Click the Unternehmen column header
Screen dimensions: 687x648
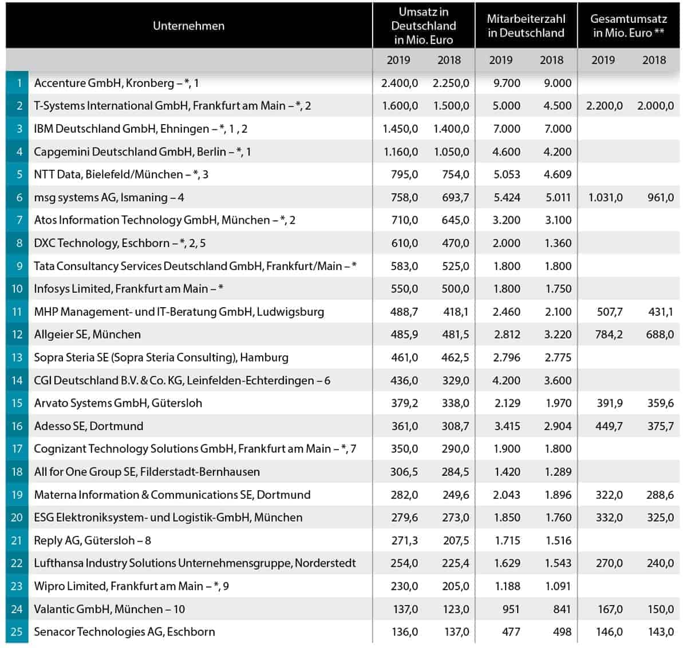pyautogui.click(x=188, y=26)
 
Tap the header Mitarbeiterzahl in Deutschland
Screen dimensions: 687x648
pyautogui.click(x=526, y=26)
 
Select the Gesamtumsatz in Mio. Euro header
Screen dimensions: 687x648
pyautogui.click(x=629, y=26)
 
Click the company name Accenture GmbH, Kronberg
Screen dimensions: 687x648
pyautogui.click(x=104, y=84)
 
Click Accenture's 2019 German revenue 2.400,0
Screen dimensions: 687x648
pyautogui.click(x=400, y=84)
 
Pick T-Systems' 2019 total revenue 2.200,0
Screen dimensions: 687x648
pyautogui.click(x=605, y=106)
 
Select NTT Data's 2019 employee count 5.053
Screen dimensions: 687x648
pyautogui.click(x=507, y=174)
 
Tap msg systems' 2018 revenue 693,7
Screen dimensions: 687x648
pyautogui.click(x=455, y=197)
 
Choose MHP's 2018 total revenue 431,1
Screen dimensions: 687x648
pyautogui.click(x=661, y=312)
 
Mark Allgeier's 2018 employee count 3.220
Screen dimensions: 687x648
pyautogui.click(x=558, y=335)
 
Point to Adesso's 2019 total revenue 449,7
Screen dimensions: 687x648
pyautogui.click(x=609, y=426)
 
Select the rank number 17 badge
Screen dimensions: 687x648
pyautogui.click(x=17, y=449)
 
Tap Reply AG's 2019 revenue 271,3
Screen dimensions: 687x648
pyautogui.click(x=404, y=540)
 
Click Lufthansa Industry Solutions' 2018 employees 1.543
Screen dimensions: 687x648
pyautogui.click(x=558, y=563)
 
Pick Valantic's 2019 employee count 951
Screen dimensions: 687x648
pyautogui.click(x=511, y=609)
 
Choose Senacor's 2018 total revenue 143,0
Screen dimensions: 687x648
pyautogui.click(x=660, y=632)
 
